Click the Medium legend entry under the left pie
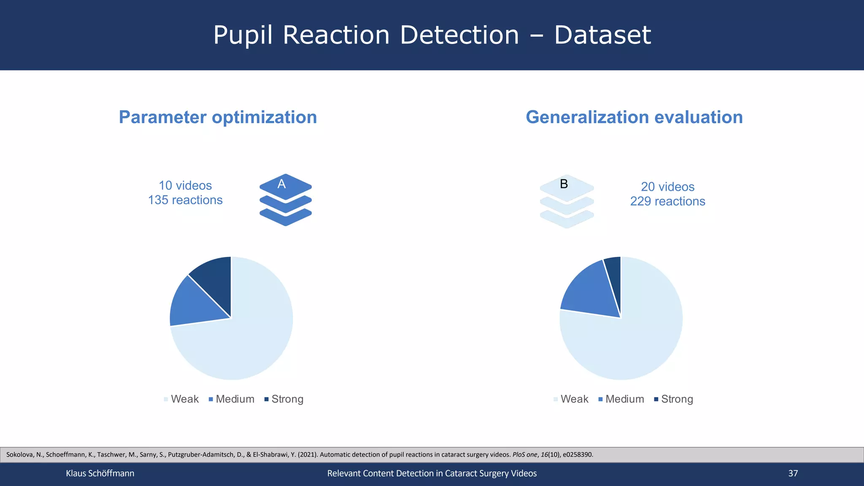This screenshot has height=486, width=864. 232,399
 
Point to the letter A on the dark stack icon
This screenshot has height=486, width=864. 281,184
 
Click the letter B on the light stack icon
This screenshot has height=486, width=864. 564,184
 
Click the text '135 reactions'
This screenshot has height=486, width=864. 185,200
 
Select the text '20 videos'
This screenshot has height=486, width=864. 667,186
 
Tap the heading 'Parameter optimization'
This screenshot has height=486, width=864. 218,117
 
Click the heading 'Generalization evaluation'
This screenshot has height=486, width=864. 634,117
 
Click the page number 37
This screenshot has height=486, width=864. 793,473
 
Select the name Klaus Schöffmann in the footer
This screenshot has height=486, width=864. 100,473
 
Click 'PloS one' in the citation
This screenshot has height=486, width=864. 524,455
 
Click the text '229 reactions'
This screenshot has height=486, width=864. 667,201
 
